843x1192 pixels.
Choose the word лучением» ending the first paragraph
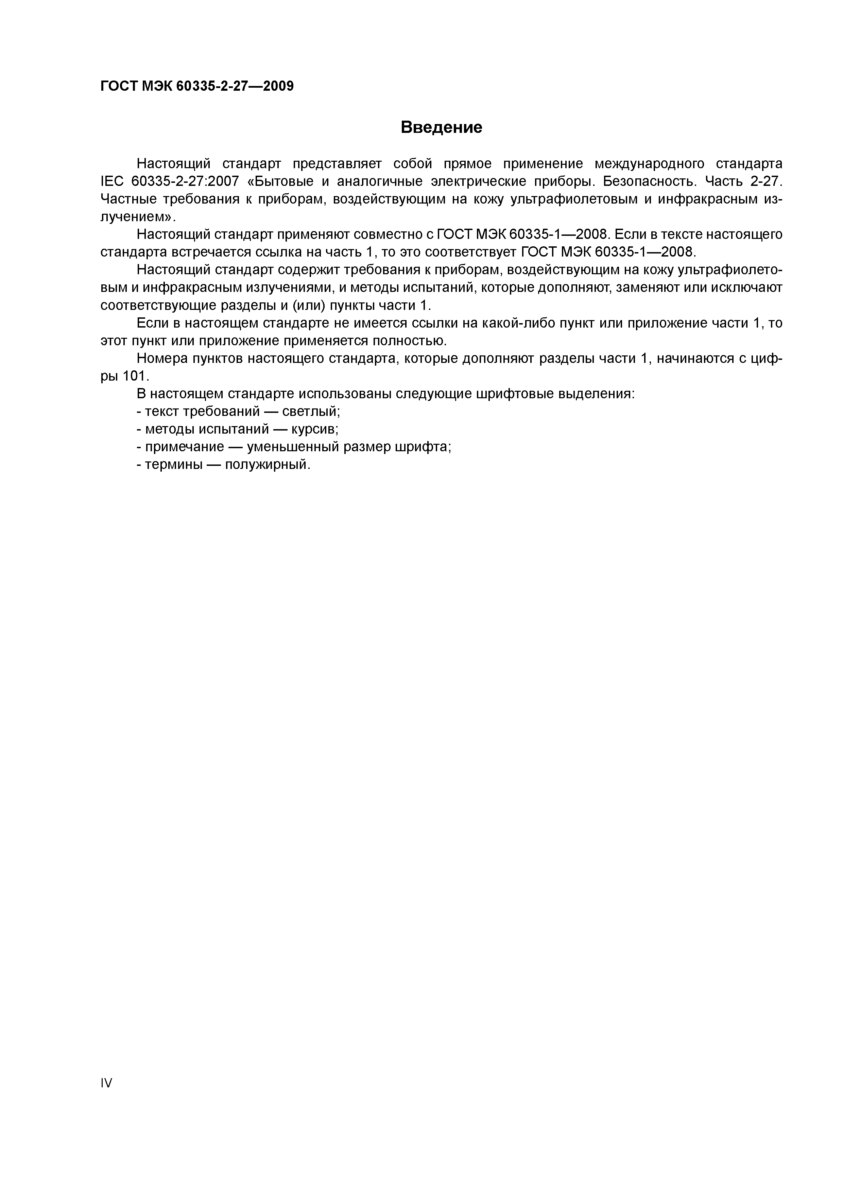[x=138, y=217]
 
